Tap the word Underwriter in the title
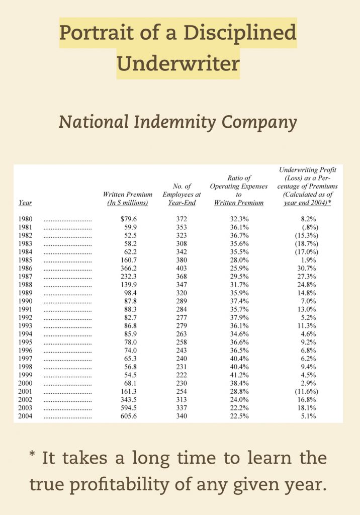(x=178, y=64)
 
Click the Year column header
(x=25, y=203)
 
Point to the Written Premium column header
(x=127, y=198)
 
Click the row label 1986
(x=25, y=268)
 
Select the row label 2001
(x=25, y=391)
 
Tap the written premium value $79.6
(x=129, y=219)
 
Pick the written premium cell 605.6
(x=130, y=416)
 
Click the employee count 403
(x=182, y=268)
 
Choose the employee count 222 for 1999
(x=182, y=375)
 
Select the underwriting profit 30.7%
(x=308, y=268)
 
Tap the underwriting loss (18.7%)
(x=308, y=243)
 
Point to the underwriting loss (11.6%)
(x=308, y=391)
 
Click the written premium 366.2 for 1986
(x=130, y=268)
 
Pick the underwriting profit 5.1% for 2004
(x=308, y=416)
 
